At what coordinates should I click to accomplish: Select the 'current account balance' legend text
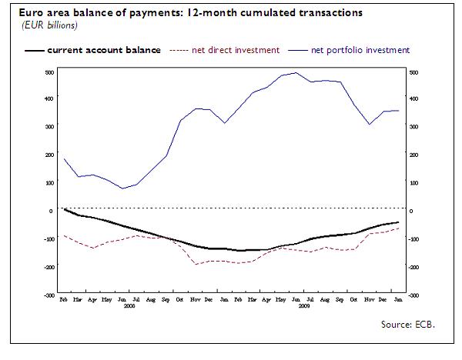tap(104, 50)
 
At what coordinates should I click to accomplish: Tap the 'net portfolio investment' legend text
tap(360, 50)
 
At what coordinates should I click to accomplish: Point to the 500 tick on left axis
tap(49, 72)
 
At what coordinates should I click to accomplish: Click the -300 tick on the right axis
tap(413, 295)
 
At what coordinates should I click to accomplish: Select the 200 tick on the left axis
tap(49, 155)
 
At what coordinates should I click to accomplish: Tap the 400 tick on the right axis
tap(413, 99)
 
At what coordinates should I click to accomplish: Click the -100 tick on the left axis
tap(48, 239)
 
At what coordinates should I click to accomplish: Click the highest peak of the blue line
tap(296, 73)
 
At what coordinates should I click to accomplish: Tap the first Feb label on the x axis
tap(64, 298)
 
